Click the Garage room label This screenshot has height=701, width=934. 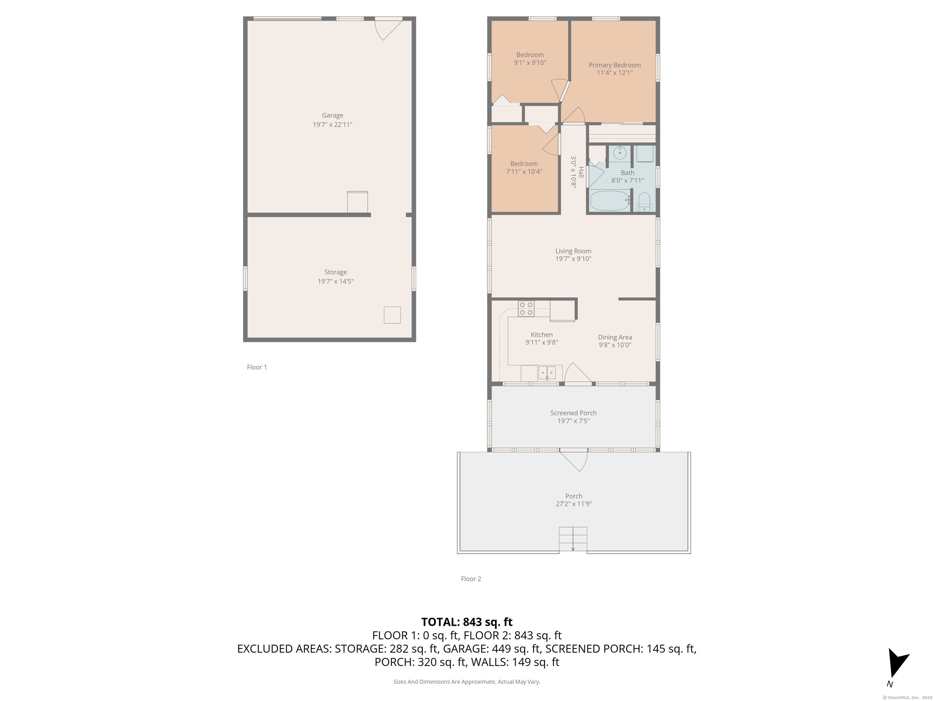(332, 115)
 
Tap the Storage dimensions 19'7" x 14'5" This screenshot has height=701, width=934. (335, 281)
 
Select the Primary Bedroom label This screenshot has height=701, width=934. (614, 65)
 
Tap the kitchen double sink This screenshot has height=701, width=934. (547, 373)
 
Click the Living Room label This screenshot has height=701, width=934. (573, 251)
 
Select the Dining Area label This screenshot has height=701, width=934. (615, 337)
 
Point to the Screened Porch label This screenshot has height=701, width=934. (573, 413)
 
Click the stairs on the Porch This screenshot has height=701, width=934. (573, 539)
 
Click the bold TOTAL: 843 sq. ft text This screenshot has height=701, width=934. (467, 622)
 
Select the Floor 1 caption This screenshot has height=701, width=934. (257, 367)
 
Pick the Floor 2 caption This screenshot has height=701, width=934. (471, 579)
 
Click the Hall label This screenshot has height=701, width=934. (581, 172)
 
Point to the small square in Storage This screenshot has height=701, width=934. (392, 315)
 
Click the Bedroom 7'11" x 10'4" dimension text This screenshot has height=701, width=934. (524, 172)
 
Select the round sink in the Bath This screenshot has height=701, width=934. (619, 153)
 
